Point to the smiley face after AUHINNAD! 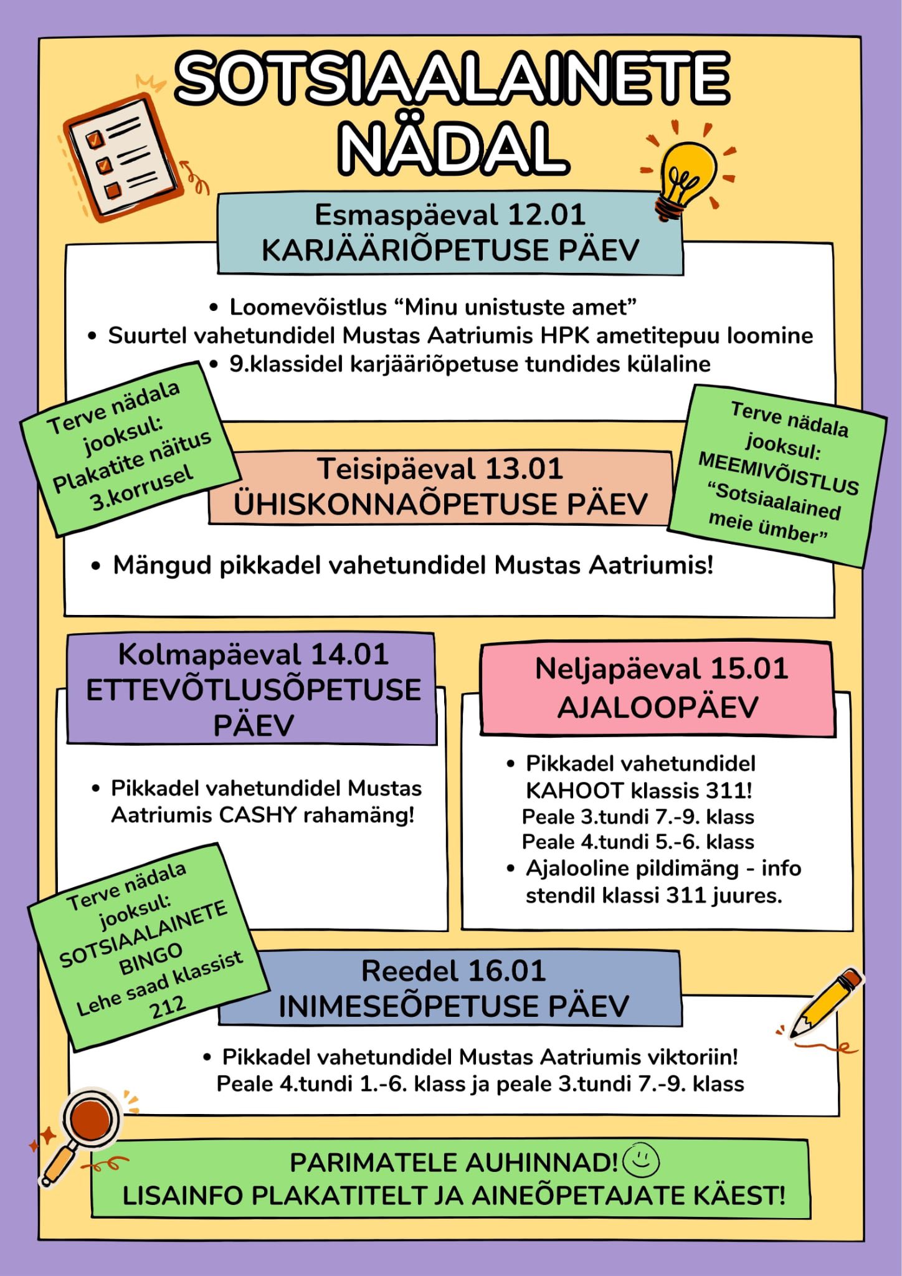pos(641,1159)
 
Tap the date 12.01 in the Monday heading pos(546,215)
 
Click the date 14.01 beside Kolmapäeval pos(349,655)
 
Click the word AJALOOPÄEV pos(658,707)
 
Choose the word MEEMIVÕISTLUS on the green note pos(779,474)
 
